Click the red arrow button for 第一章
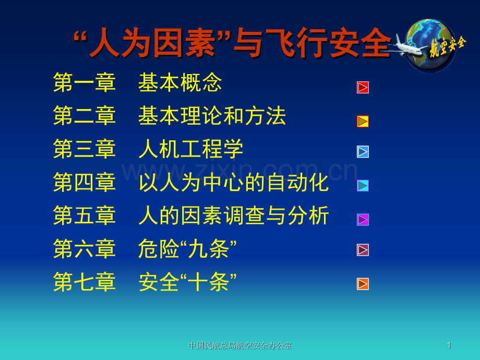pos(363,88)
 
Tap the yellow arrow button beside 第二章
pos(363,121)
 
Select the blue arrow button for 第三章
pos(363,152)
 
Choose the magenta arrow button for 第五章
pos(363,220)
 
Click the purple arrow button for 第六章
pos(363,250)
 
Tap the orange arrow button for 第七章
pos(363,284)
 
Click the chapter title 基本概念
pos(180,82)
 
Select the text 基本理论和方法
pos(212,116)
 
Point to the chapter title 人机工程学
pos(191,149)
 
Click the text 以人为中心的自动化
pos(234,183)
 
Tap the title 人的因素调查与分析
pos(234,215)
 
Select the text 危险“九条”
pos(187,248)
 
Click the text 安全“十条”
pos(187,282)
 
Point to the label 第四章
pos(85,183)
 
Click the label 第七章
pos(85,282)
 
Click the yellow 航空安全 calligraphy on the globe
pos(448,46)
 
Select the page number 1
pos(449,345)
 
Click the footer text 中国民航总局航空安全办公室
pos(240,345)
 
